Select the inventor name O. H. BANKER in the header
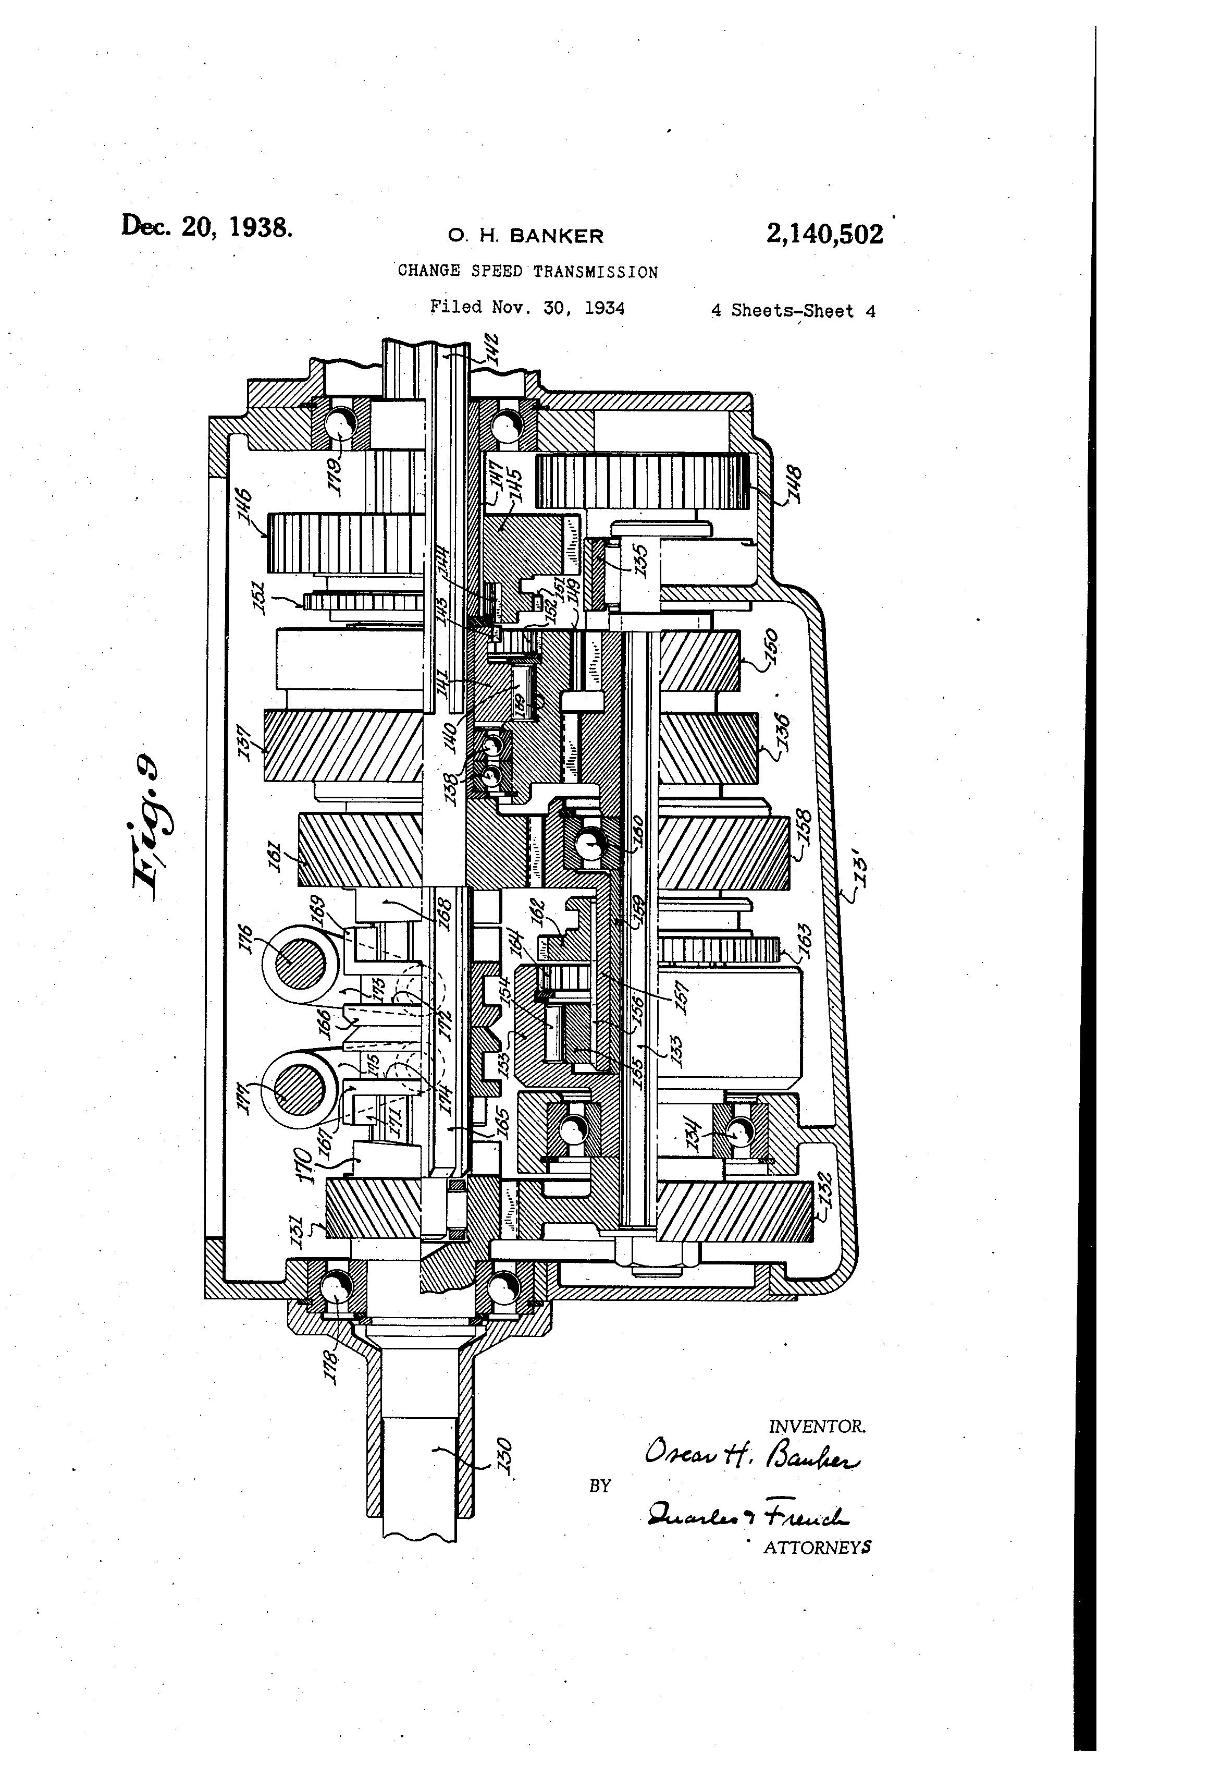(526, 236)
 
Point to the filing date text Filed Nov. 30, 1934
(527, 308)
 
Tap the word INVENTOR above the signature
(816, 1426)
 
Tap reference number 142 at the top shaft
(490, 349)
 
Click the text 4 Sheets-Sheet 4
(793, 310)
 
